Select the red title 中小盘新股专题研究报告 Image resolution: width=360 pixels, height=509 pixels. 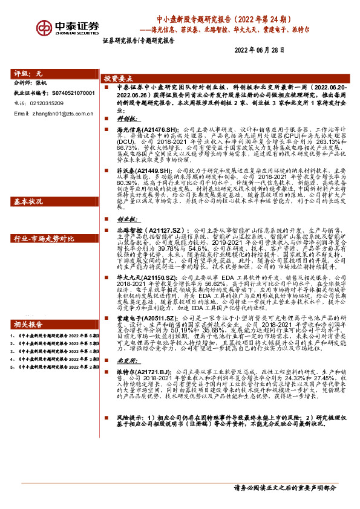tap(198, 18)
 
